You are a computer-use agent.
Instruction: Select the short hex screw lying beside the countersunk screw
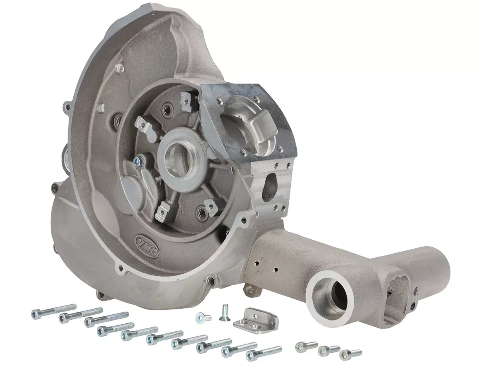pos(204,317)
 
